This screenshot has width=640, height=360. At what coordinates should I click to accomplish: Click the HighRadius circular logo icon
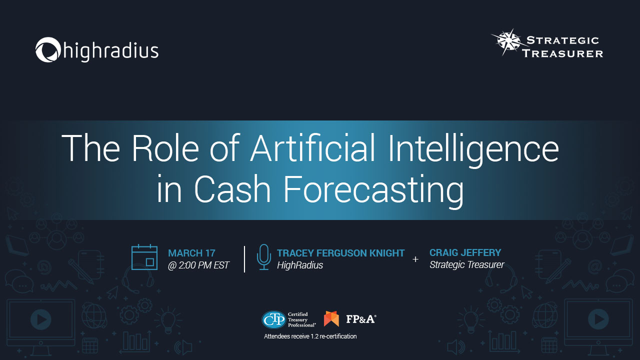click(x=48, y=49)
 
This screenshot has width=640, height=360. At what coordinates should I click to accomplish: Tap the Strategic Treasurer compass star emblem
click(x=508, y=41)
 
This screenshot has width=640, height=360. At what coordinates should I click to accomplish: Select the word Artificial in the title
click(x=312, y=148)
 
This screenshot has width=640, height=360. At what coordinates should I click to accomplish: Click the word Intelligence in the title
click(x=473, y=150)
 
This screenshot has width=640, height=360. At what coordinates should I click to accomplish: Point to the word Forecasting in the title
click(x=373, y=190)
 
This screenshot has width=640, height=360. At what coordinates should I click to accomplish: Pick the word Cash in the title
click(x=232, y=189)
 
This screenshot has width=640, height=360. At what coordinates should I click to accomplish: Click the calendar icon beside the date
click(x=144, y=257)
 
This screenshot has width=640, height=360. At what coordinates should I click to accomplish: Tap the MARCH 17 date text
click(x=191, y=253)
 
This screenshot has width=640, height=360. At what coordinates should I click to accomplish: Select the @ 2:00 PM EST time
click(x=198, y=265)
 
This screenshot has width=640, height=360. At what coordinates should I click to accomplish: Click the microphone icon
click(x=263, y=257)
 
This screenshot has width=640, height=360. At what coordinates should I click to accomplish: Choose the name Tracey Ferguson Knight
click(x=340, y=253)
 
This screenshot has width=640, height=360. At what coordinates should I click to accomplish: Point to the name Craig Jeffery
click(x=465, y=252)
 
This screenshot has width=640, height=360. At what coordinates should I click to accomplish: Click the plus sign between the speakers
click(x=415, y=259)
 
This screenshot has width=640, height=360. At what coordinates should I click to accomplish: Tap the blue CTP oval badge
click(x=273, y=319)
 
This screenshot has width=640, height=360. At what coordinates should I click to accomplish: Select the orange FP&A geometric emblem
click(x=331, y=318)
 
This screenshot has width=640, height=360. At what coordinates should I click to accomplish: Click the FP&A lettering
click(x=361, y=319)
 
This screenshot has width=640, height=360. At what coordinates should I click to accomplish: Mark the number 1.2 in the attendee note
click(x=314, y=336)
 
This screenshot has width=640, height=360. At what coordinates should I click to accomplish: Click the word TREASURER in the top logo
click(x=562, y=53)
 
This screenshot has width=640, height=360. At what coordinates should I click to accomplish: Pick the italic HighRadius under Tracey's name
click(x=300, y=265)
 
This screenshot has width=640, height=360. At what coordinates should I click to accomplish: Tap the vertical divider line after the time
click(x=244, y=259)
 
